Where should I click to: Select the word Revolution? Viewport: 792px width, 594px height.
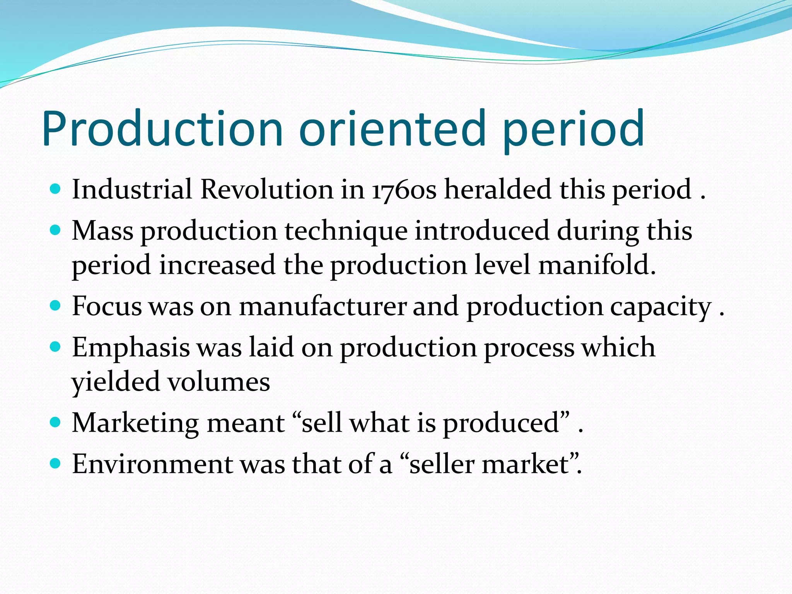pos(266,189)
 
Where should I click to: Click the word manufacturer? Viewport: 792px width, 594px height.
pos(323,307)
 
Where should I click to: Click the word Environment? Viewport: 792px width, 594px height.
pos(152,464)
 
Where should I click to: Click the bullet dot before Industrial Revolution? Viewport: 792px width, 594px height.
pos(56,189)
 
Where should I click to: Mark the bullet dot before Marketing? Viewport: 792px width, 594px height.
pos(56,422)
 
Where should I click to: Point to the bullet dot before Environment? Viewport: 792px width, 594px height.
pos(56,463)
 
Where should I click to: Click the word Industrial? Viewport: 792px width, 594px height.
pos(132,189)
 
